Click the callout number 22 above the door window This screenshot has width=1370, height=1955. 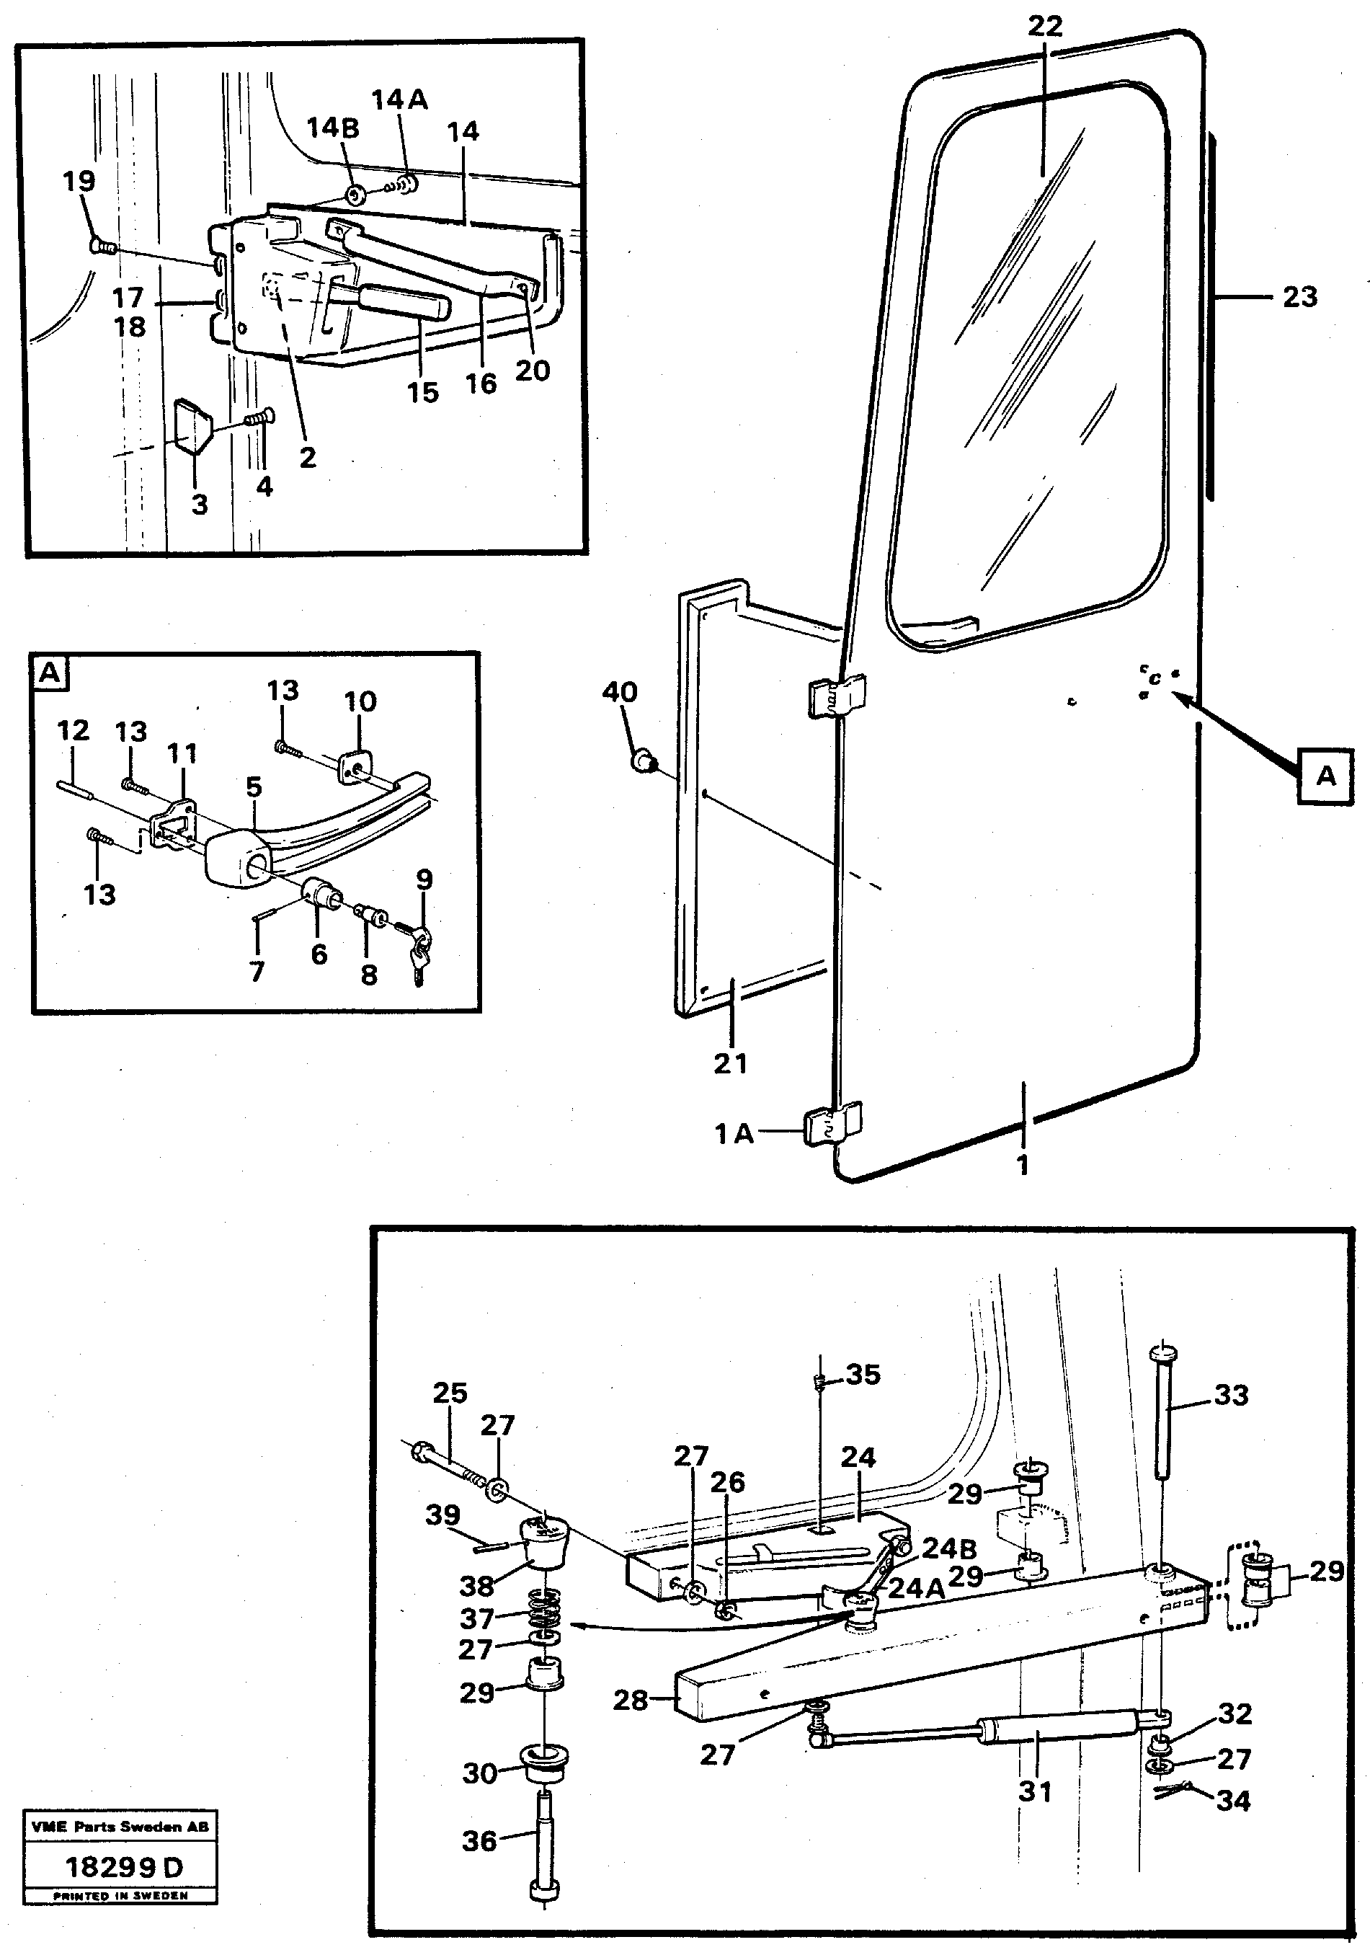click(x=1045, y=27)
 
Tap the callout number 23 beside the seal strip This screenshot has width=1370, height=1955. click(x=1299, y=297)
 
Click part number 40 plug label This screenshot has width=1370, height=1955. click(x=619, y=692)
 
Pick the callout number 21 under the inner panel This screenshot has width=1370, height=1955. click(x=731, y=1063)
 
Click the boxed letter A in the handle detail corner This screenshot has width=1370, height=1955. click(x=50, y=673)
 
